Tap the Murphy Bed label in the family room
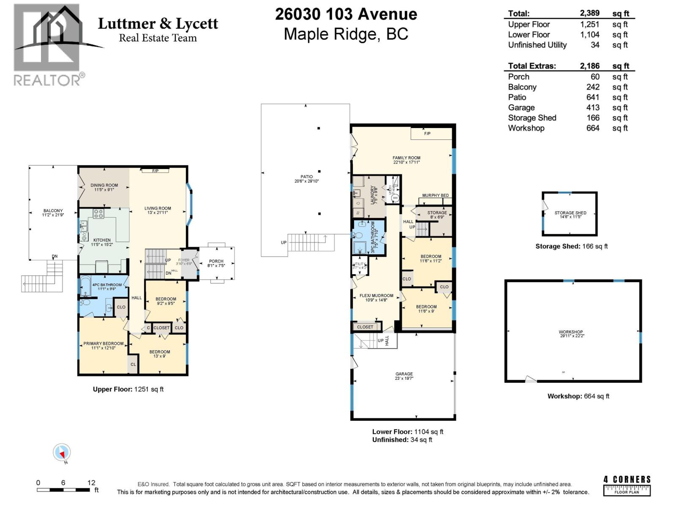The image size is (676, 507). point(435,196)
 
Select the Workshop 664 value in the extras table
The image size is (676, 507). point(593,128)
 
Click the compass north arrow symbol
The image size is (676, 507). point(62,453)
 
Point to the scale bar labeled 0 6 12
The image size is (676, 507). point(63,490)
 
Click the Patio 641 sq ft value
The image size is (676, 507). point(593,97)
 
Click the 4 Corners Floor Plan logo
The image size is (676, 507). point(627,485)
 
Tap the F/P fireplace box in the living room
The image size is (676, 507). point(155,171)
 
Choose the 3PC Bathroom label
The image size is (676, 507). point(372,237)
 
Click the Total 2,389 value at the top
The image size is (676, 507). point(589,14)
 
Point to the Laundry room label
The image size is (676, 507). point(373,195)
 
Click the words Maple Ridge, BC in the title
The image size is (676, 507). point(346,34)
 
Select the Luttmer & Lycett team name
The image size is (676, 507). point(158,24)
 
